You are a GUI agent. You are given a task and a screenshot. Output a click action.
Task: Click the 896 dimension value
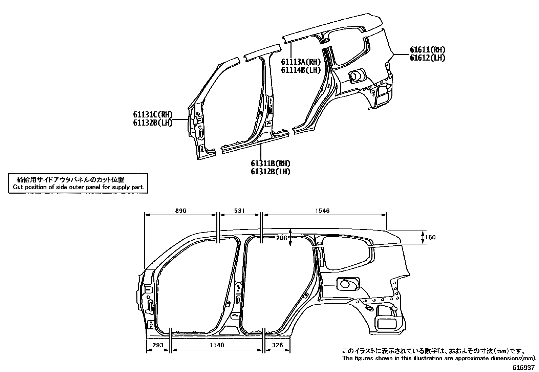(181, 211)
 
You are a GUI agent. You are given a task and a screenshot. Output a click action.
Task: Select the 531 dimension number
(239, 211)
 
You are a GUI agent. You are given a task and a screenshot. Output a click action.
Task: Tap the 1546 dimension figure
(322, 211)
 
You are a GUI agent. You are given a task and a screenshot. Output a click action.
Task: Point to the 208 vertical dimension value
(282, 238)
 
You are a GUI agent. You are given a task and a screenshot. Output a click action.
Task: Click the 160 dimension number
(430, 238)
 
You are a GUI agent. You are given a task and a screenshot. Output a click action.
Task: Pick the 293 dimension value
(158, 345)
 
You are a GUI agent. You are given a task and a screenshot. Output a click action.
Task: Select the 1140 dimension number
(217, 345)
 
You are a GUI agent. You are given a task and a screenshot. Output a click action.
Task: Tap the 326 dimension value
(277, 345)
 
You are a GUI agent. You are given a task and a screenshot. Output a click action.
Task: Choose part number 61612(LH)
(427, 58)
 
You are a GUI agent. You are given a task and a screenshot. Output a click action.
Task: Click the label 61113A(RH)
(301, 62)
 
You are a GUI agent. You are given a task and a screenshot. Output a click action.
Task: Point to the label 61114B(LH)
(301, 70)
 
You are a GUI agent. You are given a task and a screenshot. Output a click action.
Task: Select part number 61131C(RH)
(153, 115)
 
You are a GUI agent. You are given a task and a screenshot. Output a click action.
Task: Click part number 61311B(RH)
(271, 164)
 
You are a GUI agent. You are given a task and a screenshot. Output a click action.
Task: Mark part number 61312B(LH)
(271, 172)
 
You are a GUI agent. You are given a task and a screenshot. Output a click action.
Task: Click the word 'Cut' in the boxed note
(17, 187)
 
